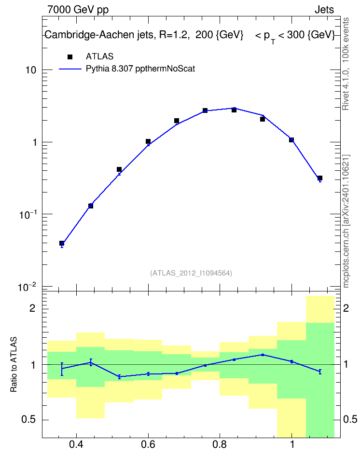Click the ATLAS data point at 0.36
click(x=62, y=243)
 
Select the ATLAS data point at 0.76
click(x=205, y=110)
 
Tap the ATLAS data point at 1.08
click(x=320, y=178)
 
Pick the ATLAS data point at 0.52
click(x=119, y=169)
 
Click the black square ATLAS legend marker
click(x=70, y=56)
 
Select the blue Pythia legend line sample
click(x=70, y=69)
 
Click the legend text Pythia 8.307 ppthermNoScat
click(x=140, y=69)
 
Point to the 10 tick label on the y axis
click(x=30, y=70)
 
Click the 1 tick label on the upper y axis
click(x=34, y=143)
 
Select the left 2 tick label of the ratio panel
click(x=32, y=308)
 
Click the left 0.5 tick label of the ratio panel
click(x=29, y=420)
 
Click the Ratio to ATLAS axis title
click(x=14, y=364)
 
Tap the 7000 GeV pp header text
click(x=78, y=10)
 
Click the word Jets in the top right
click(x=324, y=10)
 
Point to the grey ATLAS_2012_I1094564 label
click(x=191, y=273)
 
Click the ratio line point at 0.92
click(x=263, y=355)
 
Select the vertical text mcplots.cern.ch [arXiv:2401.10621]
click(x=346, y=221)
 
